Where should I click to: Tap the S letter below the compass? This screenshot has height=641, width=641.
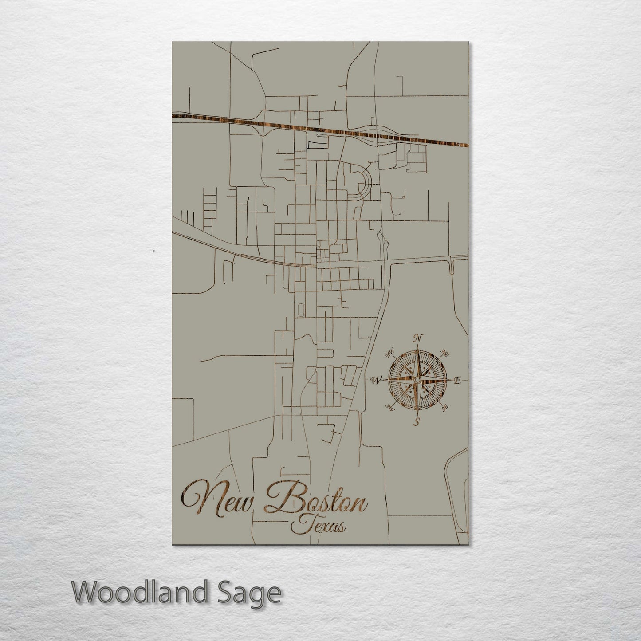(417, 421)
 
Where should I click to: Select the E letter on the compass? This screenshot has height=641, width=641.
(458, 380)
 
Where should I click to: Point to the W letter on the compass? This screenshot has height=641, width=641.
(375, 380)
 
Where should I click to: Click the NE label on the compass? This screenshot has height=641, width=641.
(445, 354)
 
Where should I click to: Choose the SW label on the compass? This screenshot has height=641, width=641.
(390, 407)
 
